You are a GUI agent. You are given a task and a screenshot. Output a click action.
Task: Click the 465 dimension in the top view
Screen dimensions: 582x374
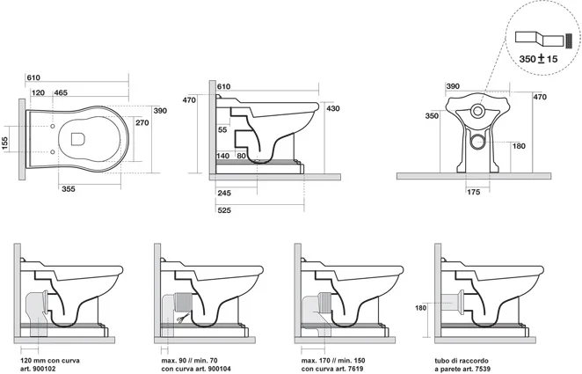(x=61, y=92)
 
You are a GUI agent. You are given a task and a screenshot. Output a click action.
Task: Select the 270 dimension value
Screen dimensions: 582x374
(x=142, y=122)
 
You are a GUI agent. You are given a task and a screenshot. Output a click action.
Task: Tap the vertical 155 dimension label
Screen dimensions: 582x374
(x=4, y=143)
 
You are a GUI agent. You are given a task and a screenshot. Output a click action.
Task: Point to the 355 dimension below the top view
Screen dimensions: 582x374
(x=69, y=189)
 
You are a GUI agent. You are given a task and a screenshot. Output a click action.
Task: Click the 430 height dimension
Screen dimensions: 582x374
(x=333, y=108)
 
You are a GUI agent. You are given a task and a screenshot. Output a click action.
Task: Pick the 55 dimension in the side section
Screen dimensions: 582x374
(x=222, y=130)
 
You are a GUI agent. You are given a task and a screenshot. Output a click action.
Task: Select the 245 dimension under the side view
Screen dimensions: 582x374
(x=224, y=193)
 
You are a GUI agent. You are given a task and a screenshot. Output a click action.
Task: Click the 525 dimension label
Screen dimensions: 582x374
(x=224, y=210)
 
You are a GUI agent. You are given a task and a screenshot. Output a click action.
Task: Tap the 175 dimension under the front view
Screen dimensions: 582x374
(x=474, y=192)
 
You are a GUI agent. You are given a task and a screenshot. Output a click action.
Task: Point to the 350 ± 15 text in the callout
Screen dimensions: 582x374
(x=538, y=59)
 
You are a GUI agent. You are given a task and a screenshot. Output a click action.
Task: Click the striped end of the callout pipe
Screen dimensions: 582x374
(x=569, y=40)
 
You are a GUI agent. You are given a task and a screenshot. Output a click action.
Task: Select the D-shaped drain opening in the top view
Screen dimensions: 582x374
(x=78, y=139)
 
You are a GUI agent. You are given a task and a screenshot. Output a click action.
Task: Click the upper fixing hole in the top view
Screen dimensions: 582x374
(x=53, y=127)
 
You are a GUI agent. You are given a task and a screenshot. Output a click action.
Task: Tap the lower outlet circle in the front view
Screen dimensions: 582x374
(x=477, y=142)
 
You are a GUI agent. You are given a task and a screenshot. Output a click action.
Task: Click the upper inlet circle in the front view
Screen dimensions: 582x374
(x=477, y=110)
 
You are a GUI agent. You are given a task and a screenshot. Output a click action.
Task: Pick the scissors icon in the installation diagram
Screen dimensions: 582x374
(x=181, y=319)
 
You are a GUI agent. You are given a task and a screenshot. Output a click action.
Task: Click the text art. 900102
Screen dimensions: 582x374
(x=38, y=369)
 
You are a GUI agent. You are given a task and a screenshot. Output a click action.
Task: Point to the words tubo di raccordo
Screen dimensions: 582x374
(x=462, y=361)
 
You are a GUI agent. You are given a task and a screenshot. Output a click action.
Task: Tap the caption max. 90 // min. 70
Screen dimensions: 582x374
(x=189, y=361)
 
